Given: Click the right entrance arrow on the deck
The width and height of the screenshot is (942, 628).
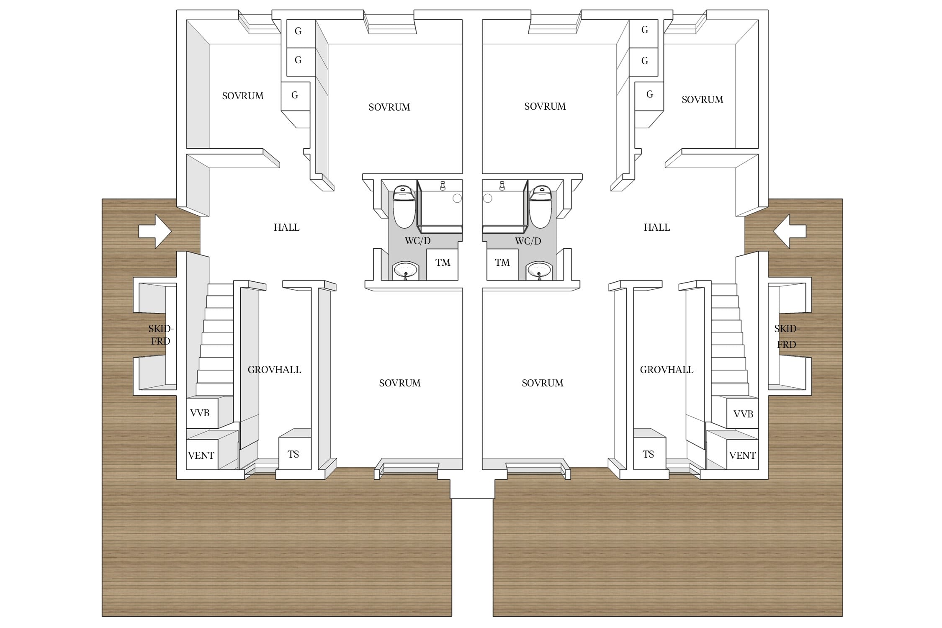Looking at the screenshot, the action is [790, 231].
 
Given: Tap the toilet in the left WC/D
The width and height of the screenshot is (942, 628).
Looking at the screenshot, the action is [404, 206].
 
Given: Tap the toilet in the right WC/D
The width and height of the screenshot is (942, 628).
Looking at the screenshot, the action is [540, 206].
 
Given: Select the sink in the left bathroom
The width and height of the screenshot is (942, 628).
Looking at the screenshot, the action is [405, 270].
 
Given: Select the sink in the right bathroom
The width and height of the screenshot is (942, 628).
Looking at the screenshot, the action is [539, 270].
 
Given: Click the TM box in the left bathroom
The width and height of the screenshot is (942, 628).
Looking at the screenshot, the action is [442, 265].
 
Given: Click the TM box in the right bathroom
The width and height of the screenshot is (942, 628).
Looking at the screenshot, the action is [502, 265].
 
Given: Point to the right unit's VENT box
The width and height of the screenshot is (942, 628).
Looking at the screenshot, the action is [742, 454].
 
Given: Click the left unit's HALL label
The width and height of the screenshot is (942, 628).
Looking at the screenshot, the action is [287, 227].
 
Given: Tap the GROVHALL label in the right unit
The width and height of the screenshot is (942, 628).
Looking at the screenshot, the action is [667, 370].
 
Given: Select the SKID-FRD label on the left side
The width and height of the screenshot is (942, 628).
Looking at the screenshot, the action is [161, 335].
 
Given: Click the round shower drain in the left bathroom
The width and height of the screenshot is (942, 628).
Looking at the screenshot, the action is [457, 198].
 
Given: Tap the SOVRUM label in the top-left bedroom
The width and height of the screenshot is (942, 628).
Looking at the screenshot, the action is [243, 96].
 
